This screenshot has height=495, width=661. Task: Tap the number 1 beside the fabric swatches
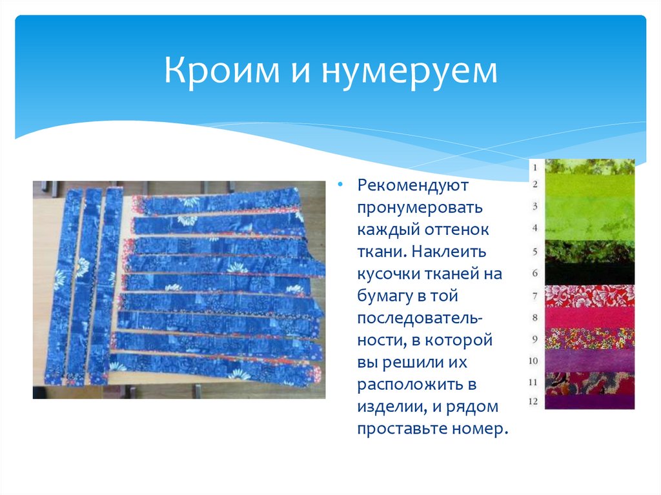coord(534,167)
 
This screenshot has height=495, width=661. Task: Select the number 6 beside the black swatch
coord(534,273)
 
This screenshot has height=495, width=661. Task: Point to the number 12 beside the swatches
coord(533,401)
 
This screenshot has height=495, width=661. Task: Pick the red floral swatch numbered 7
coord(589,296)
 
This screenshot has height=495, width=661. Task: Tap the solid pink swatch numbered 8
coord(589,317)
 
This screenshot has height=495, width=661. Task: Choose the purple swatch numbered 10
coord(589,360)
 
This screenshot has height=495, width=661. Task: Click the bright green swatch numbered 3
coord(589,208)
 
